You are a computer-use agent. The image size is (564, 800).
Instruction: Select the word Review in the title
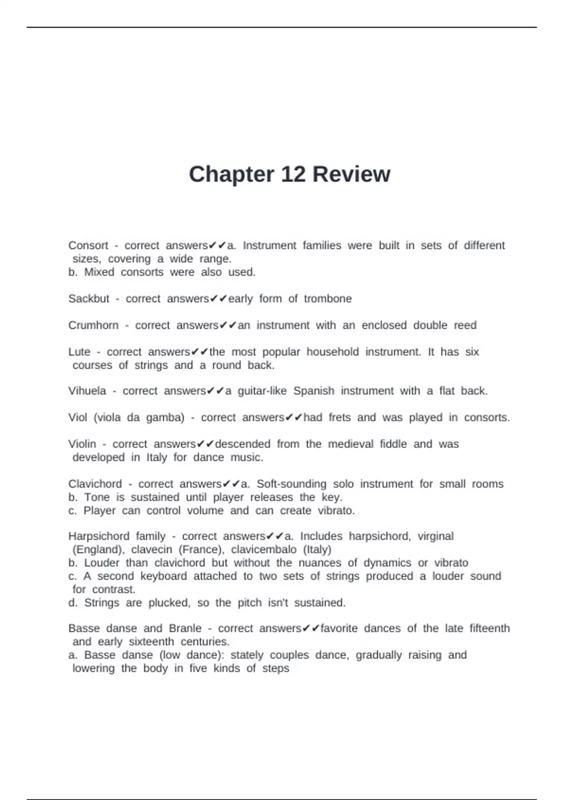[351, 174]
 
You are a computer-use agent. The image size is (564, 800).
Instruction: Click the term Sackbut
[89, 299]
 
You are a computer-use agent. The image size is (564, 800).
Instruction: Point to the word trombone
[328, 299]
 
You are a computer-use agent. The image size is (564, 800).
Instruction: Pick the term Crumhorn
[94, 325]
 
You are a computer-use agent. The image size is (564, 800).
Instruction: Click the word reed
[465, 325]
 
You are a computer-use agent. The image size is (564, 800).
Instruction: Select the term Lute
[79, 352]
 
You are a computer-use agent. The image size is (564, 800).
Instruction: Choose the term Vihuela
[87, 391]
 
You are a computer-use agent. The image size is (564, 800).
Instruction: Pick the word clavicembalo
[264, 549]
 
